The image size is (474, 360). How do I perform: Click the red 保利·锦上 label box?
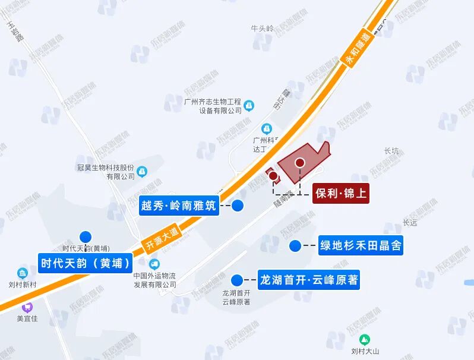click(341, 193)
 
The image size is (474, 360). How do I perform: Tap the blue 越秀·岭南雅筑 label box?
click(179, 206)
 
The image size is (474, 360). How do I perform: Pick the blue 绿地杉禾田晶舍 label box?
click(361, 245)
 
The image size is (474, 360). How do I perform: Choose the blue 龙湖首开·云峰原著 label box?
click(308, 279)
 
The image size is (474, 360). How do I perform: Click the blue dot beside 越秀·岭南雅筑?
click(238, 206)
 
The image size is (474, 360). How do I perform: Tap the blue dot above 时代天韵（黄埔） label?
click(86, 236)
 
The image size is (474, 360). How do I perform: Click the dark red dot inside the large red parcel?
click(300, 162)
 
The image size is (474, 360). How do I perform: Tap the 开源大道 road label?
click(161, 238)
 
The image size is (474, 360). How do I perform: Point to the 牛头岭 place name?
click(262, 28)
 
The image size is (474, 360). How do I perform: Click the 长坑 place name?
click(392, 151)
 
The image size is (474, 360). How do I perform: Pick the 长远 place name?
click(410, 223)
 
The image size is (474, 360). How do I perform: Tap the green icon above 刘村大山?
click(366, 339)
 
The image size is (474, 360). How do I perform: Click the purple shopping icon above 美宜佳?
click(27, 308)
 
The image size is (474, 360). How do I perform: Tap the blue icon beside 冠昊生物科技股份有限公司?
click(143, 172)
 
